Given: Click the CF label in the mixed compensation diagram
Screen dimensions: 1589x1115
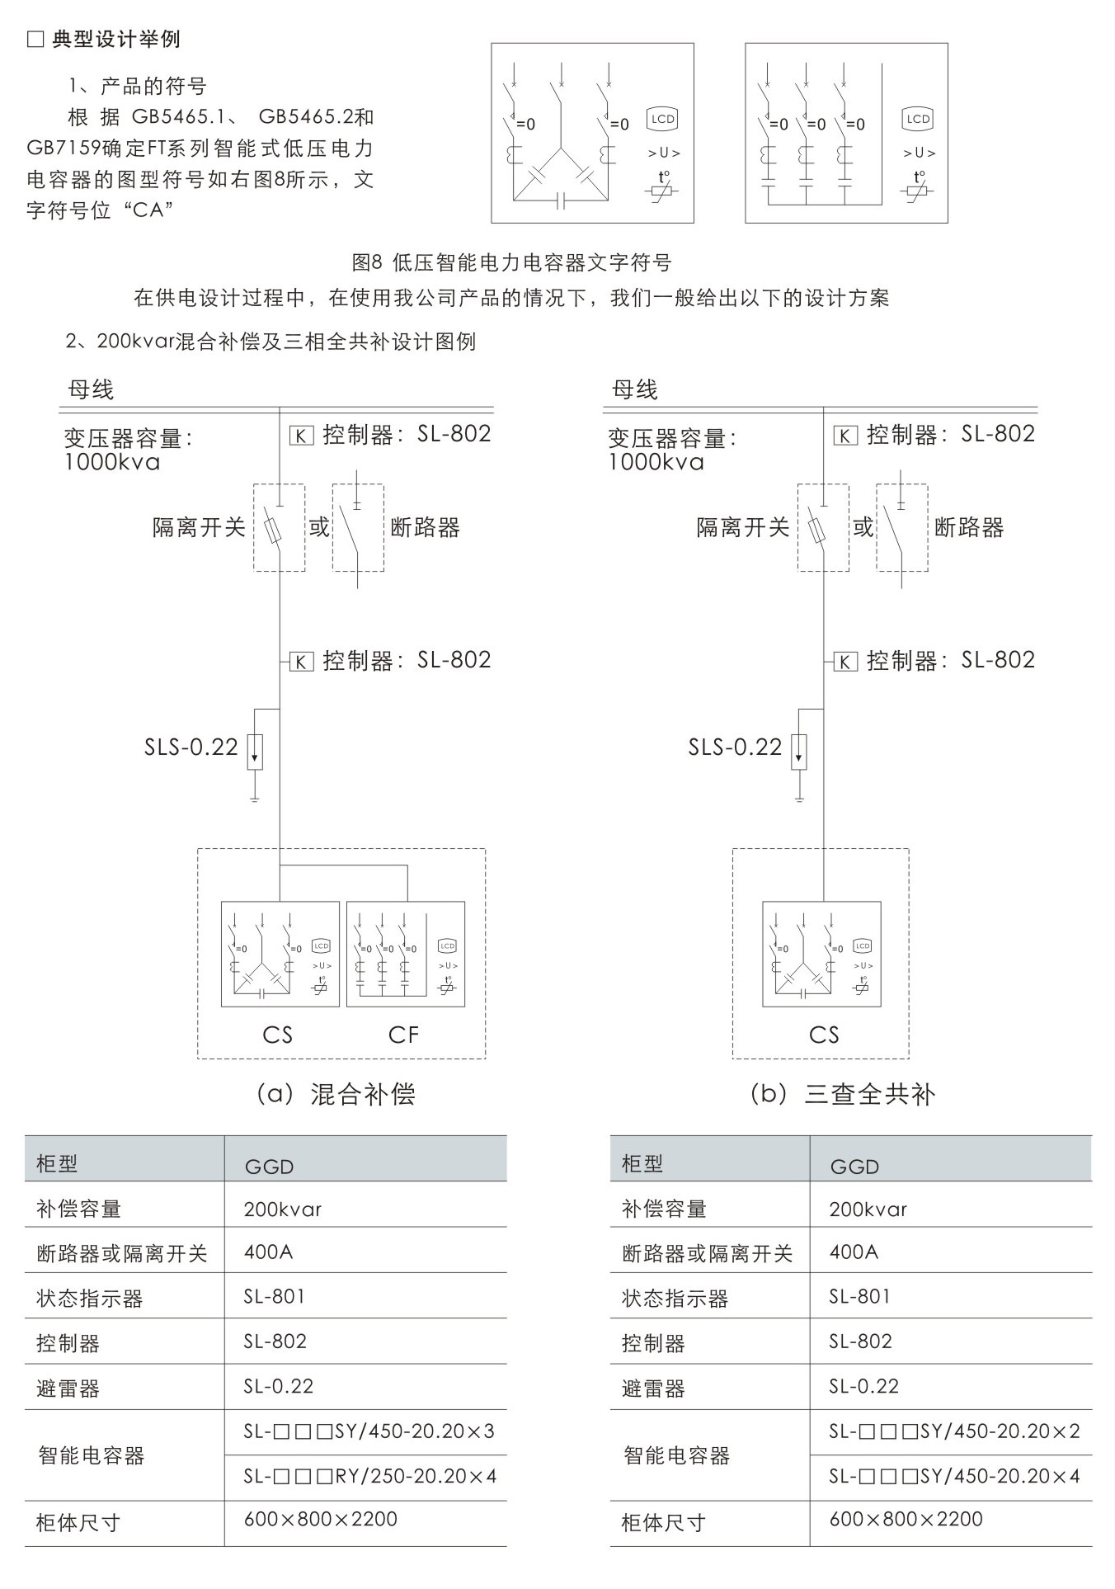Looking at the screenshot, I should (403, 1035).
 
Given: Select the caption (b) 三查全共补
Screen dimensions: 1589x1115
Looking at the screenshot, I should (842, 1095).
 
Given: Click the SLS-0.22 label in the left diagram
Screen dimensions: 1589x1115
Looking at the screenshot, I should (191, 747).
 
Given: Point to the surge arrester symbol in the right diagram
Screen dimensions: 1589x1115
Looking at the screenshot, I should (798, 752).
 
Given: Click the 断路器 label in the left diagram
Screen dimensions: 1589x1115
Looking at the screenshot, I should (425, 528).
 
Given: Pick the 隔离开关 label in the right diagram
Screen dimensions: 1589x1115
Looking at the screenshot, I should (743, 528).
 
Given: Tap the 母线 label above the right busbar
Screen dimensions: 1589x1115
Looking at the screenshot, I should (634, 390).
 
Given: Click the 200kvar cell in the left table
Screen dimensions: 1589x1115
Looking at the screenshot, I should (283, 1209).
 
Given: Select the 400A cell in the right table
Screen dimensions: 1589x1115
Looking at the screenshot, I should (854, 1252).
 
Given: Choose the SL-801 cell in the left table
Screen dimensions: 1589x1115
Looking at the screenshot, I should (275, 1297).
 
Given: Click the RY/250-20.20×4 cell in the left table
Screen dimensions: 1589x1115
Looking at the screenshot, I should (370, 1476).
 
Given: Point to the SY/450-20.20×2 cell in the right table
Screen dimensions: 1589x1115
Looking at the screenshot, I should (954, 1431).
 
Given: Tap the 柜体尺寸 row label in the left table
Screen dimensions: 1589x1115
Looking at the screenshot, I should (78, 1522).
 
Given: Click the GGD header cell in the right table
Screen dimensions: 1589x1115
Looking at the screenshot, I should (854, 1167).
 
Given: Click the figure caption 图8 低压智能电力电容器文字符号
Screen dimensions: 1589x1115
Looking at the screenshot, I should (511, 263).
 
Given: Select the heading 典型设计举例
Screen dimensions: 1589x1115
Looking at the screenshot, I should (115, 39).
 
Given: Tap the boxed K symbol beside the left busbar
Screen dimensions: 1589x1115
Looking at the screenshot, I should (301, 436).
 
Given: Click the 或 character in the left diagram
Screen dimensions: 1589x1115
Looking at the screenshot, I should (319, 527).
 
